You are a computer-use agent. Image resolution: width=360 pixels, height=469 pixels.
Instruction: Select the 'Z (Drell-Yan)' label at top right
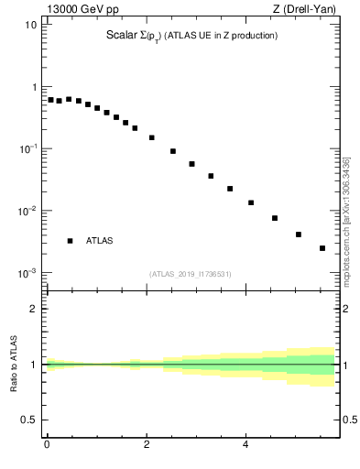coord(310,9)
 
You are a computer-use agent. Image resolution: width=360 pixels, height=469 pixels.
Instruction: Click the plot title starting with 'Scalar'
coord(191,36)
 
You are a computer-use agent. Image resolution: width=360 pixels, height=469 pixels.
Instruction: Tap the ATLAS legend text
coord(100,241)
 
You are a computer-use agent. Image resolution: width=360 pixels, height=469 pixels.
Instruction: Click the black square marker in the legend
coord(70,241)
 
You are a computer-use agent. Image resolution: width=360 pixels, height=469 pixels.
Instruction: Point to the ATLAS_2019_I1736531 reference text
coord(191,274)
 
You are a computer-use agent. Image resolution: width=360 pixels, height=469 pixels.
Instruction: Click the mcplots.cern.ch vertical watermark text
coord(346,217)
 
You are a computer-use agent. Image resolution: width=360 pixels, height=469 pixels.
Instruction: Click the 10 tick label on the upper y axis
coord(30,25)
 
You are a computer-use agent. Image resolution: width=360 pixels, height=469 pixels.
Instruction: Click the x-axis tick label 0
coord(47,445)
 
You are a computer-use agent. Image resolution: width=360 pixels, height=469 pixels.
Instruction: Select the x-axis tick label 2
coord(147,445)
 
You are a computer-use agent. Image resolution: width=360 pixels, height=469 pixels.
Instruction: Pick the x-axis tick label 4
coord(245,445)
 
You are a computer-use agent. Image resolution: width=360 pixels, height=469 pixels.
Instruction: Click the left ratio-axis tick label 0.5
coord(28,420)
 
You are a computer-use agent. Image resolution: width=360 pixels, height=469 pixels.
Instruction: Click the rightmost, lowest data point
coord(322,248)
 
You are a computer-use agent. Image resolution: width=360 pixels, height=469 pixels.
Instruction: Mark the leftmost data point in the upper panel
coord(51,100)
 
